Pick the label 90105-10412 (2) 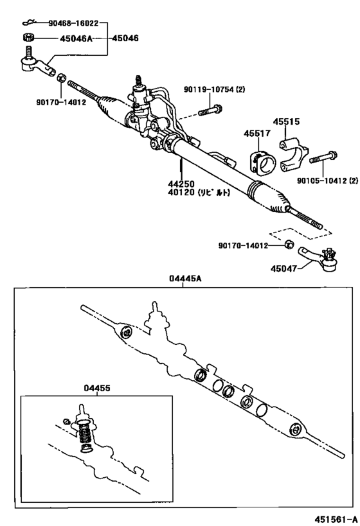point(326,181)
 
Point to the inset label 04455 point(96,388)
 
